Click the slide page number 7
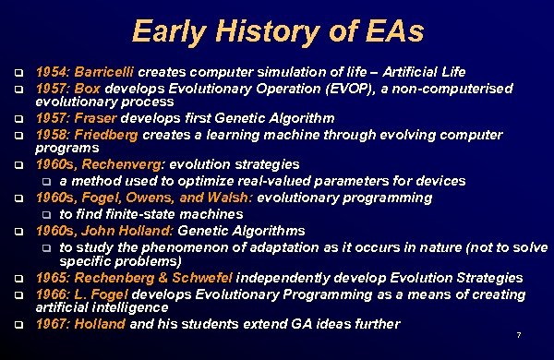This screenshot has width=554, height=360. tap(519, 334)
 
